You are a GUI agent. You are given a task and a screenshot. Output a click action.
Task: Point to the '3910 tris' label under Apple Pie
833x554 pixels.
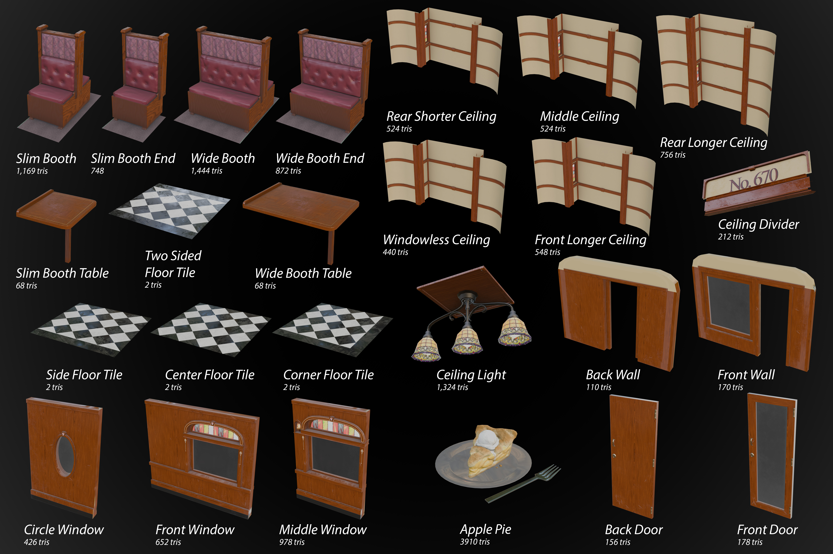coord(475,542)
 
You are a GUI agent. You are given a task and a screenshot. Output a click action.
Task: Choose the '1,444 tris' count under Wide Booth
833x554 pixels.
coord(206,171)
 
